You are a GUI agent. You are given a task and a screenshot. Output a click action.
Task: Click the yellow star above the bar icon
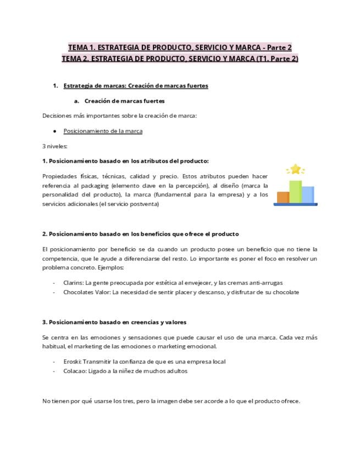click(296, 169)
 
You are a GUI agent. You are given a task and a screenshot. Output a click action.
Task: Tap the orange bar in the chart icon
click(283, 197)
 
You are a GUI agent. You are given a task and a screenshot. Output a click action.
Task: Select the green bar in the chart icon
click(296, 192)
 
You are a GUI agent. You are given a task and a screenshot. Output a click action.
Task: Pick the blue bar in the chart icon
click(308, 195)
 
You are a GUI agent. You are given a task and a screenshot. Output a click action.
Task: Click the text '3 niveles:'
click(54, 146)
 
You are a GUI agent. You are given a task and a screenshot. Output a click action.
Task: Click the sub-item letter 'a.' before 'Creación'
click(77, 101)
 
